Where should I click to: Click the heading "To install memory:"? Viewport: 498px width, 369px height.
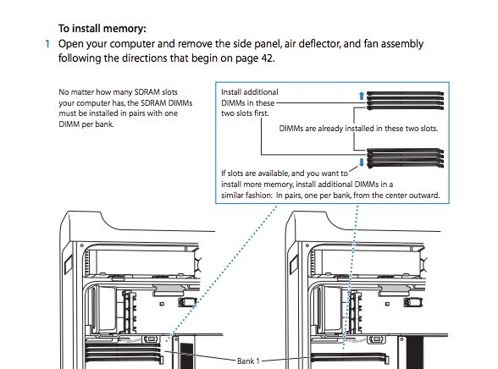102,29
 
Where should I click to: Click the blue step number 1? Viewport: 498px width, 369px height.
47,44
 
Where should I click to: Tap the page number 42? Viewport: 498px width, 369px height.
267,58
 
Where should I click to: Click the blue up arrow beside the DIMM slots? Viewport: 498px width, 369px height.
362,96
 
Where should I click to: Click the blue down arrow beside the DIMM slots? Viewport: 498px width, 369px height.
362,162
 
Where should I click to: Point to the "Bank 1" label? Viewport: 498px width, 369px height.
248,361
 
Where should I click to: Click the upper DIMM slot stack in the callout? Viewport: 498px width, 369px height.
405,100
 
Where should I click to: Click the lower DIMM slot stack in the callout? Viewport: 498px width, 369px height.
405,158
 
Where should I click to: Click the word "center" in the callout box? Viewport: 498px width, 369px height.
391,196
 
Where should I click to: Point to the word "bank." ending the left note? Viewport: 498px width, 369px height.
104,124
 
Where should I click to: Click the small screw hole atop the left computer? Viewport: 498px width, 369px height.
82,245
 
